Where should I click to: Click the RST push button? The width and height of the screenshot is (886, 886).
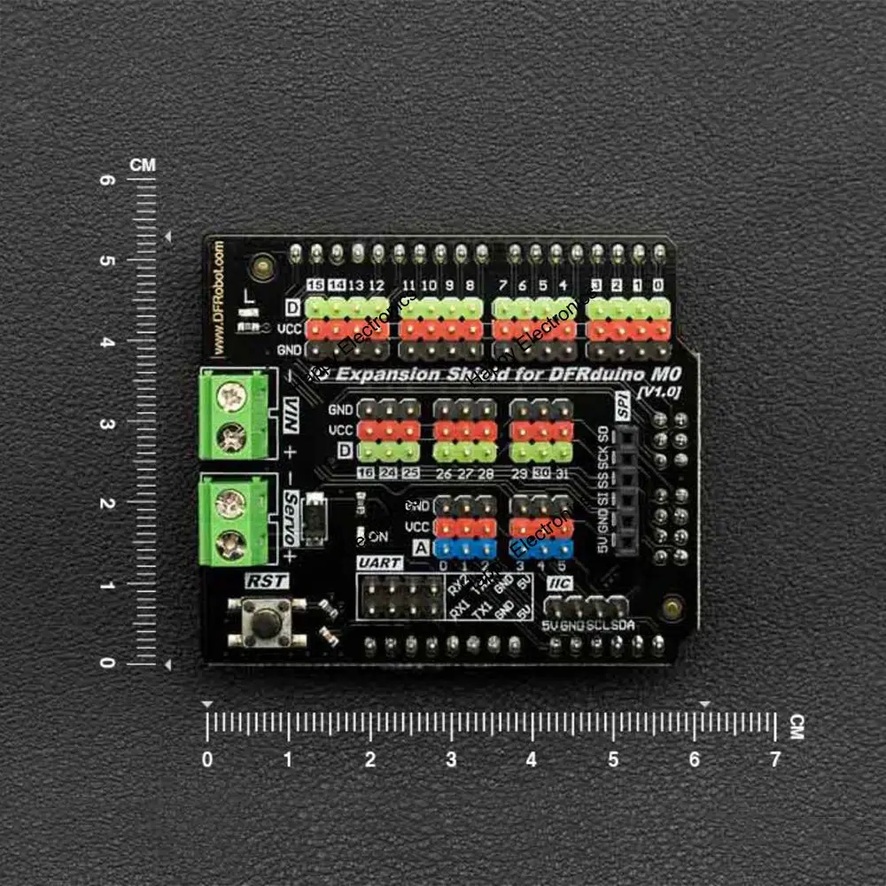[263, 621]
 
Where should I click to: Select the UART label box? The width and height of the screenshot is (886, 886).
[379, 563]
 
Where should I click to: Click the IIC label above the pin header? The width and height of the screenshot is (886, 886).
[560, 583]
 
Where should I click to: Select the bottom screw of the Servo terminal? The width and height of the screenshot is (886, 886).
[231, 540]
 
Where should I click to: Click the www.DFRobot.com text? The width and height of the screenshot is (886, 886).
[220, 292]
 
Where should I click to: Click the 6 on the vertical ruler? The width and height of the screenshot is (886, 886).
[107, 180]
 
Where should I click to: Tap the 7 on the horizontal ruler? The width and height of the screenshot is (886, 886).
[775, 759]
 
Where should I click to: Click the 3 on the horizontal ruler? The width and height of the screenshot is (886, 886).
[451, 759]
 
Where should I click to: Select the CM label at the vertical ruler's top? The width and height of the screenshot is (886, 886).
[142, 165]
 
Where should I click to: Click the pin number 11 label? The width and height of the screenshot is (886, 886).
[408, 285]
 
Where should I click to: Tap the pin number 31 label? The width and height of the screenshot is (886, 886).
[563, 472]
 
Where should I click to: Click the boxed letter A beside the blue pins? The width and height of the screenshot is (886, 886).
[421, 548]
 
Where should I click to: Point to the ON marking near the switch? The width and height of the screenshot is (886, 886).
[377, 536]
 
